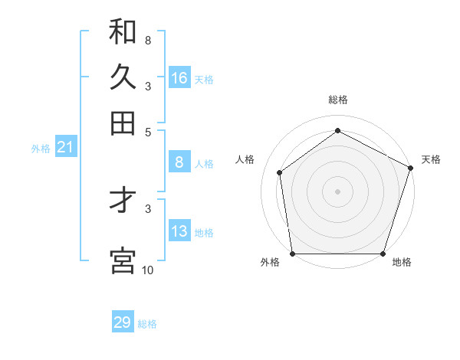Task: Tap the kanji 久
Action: point(123,77)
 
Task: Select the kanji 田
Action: point(123,123)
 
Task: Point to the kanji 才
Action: point(123,201)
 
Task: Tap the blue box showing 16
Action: point(179,78)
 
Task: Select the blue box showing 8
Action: point(179,162)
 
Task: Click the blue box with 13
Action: point(179,231)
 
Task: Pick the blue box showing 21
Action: point(64,147)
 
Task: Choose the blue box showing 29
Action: point(122,322)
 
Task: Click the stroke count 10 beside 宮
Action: point(147,270)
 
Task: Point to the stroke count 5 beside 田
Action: point(148,131)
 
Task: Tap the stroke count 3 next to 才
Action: point(148,208)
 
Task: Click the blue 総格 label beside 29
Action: point(147,324)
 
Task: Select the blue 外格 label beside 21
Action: point(40,149)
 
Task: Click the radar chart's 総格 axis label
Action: point(337,100)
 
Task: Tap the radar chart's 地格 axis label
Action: point(402,263)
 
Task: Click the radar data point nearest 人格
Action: point(280,172)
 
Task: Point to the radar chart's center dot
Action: point(337,191)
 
